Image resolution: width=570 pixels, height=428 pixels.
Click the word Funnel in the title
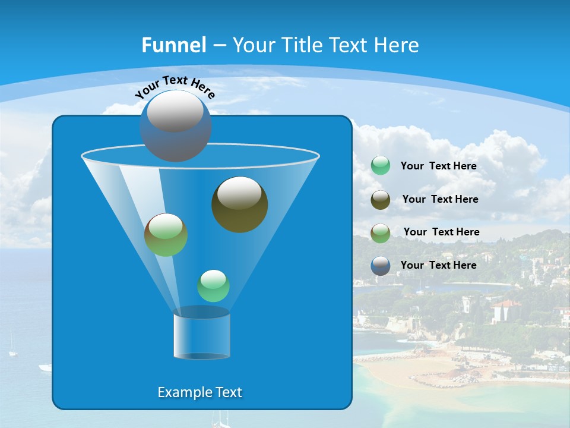(x=173, y=45)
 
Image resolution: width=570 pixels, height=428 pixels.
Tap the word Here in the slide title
(x=395, y=45)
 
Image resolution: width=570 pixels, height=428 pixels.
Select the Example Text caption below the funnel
(x=199, y=392)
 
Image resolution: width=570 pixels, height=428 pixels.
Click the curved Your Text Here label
(x=175, y=86)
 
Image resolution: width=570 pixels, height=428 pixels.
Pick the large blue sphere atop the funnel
(x=175, y=126)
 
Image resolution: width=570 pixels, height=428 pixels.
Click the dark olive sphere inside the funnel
(x=239, y=204)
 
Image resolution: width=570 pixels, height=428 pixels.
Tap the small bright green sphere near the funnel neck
(x=213, y=286)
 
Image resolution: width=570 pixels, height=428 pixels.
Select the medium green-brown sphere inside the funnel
(x=166, y=235)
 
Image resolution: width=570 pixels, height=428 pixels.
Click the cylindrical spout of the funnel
(x=201, y=334)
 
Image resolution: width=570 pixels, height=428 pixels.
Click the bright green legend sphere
(x=381, y=166)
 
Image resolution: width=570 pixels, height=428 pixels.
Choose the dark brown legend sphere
(x=381, y=199)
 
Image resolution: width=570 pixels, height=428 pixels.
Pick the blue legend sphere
(x=381, y=266)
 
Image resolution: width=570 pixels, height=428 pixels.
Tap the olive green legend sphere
(x=381, y=232)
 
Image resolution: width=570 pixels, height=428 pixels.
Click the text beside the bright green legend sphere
(x=438, y=166)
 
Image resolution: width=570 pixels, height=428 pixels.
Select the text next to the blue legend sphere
(x=438, y=265)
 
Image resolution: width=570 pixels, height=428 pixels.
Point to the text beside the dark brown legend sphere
(x=440, y=199)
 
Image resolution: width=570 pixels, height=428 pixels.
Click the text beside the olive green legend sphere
(x=441, y=232)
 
